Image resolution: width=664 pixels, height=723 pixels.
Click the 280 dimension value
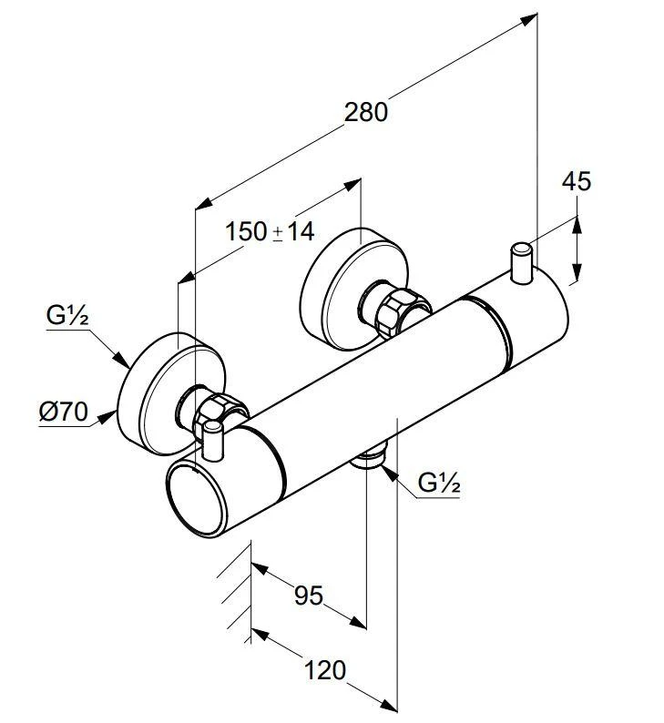click(366, 112)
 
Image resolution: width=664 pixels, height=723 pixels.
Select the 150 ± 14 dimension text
click(270, 231)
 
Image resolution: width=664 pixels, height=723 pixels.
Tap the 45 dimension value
click(576, 181)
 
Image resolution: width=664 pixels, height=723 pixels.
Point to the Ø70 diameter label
click(63, 412)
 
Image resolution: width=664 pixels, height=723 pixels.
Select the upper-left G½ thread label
click(66, 318)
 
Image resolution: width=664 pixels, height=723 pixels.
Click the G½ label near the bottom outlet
click(438, 484)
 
